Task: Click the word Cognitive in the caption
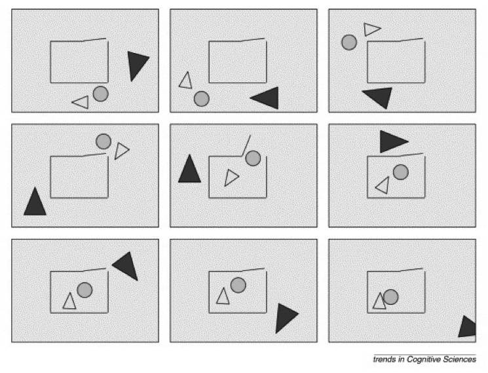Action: point(424,360)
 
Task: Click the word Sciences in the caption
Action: point(460,359)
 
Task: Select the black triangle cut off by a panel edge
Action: point(467,327)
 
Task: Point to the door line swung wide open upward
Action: point(246,145)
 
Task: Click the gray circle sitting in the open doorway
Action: point(253,158)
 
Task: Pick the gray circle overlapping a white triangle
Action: point(390,297)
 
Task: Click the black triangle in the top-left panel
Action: point(137,64)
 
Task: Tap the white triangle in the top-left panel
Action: point(82,102)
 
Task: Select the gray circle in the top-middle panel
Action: point(201,99)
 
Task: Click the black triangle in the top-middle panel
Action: point(267,98)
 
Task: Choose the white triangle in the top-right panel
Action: point(371,29)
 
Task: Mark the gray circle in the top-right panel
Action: point(349,43)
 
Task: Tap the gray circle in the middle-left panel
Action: point(103,141)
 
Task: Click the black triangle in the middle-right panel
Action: point(392,141)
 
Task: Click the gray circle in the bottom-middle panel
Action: point(238,285)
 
